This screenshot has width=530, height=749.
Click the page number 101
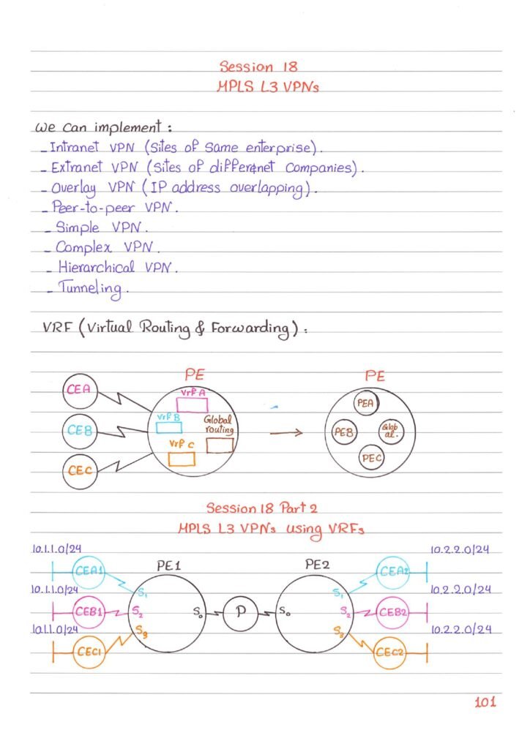(x=485, y=702)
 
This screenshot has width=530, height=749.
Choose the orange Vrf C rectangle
(x=182, y=458)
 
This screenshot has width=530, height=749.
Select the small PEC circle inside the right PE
(x=372, y=458)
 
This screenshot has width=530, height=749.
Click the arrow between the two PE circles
(x=286, y=433)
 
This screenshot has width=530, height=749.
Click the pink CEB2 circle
(x=395, y=611)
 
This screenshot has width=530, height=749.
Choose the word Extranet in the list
(x=76, y=168)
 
